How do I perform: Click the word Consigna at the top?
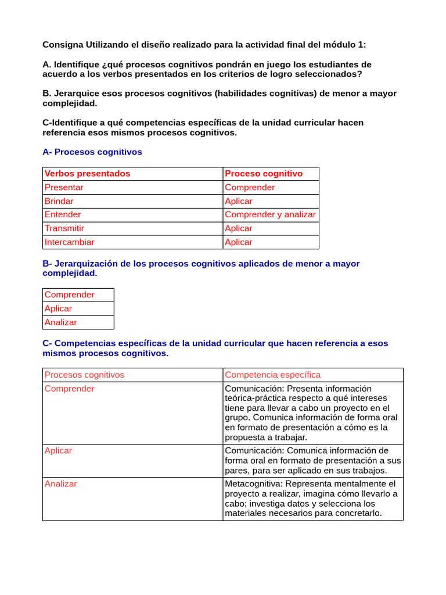(63, 45)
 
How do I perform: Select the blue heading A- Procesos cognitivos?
(92, 152)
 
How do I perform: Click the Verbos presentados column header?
(88, 173)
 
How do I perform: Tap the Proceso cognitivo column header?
(264, 173)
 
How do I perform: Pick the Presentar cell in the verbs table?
(64, 187)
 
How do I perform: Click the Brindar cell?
(59, 201)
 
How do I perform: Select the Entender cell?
(63, 214)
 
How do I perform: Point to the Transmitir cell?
(64, 228)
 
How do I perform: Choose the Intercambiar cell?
(70, 242)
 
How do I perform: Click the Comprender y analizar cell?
(270, 214)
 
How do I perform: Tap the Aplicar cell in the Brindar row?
(239, 201)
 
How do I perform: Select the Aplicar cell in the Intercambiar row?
(239, 242)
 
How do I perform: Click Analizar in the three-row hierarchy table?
(61, 322)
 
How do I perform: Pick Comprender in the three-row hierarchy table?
(70, 295)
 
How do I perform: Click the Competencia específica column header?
(272, 375)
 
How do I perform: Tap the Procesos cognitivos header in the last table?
(85, 375)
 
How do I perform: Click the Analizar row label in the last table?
(61, 483)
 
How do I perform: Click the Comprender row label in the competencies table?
(70, 389)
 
